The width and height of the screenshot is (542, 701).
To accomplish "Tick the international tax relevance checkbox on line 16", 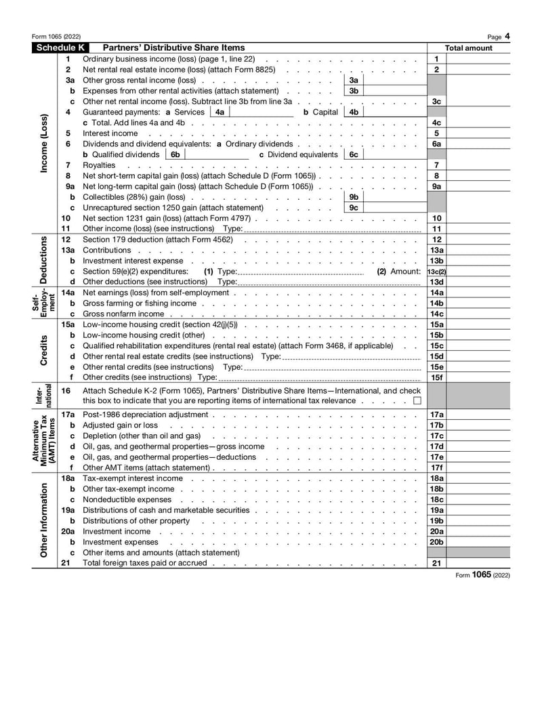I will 417,401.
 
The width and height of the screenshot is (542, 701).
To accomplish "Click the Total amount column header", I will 468,48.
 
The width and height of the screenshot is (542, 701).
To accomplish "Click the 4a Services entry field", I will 262,112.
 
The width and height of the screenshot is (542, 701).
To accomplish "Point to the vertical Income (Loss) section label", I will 44,144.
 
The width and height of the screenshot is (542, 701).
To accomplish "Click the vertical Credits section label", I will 44,350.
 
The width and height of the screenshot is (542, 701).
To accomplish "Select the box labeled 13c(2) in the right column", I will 437,272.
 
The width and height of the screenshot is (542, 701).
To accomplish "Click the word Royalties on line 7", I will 99,165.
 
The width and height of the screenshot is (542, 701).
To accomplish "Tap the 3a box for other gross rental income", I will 353,80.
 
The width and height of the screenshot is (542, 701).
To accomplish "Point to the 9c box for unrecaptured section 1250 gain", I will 353,208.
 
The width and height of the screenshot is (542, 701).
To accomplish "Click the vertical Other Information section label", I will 44,520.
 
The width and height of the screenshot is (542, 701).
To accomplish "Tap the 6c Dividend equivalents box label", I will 353,154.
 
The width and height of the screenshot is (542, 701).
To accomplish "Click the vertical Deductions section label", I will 44,261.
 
